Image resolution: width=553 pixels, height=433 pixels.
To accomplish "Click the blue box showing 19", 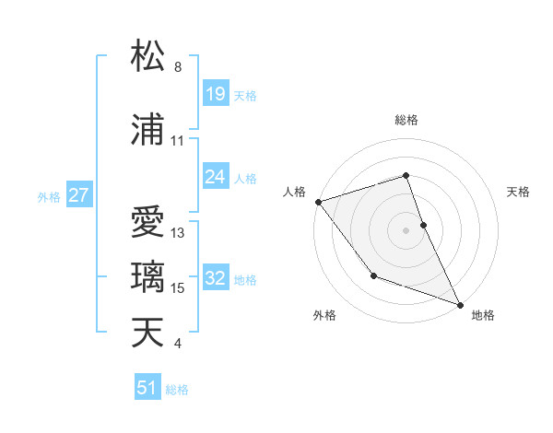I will (216, 94).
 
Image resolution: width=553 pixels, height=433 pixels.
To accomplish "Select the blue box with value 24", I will (216, 177).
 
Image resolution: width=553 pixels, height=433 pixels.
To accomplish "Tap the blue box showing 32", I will (216, 279).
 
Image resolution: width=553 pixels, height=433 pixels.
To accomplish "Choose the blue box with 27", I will (78, 195).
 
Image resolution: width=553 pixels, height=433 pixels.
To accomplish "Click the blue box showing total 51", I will (147, 388).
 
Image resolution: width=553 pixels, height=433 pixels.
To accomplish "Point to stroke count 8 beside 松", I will (178, 67).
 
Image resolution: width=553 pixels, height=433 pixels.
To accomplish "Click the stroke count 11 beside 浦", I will (178, 141).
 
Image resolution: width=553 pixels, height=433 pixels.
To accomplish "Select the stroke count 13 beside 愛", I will (178, 233).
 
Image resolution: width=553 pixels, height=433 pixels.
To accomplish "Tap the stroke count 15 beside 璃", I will (178, 288).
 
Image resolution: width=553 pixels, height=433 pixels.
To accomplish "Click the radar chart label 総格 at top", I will (406, 120).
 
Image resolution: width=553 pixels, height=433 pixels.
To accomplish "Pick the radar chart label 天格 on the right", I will (519, 192).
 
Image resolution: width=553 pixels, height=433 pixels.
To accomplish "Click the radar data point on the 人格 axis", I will (318, 201).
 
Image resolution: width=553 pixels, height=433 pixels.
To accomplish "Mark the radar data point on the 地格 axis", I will (460, 303).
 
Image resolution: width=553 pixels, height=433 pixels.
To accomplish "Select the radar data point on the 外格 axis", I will (373, 275).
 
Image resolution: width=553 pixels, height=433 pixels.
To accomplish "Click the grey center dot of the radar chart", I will (406, 230).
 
